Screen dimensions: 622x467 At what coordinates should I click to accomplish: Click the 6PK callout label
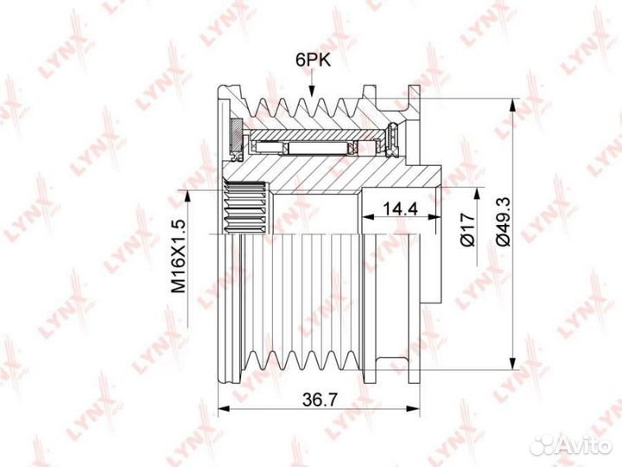313,60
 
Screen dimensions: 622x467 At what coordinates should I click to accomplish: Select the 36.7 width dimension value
320,399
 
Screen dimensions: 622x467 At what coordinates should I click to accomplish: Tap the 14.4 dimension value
400,208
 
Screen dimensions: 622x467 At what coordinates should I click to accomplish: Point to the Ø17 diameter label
467,229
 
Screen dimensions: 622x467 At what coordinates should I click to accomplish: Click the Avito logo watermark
571,445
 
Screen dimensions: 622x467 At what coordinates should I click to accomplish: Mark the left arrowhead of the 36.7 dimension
225,408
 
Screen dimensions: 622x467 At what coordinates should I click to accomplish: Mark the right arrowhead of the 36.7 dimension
413,408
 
